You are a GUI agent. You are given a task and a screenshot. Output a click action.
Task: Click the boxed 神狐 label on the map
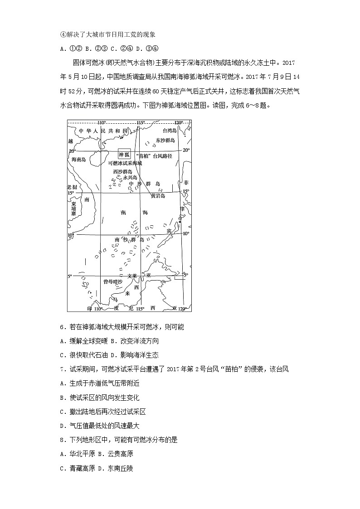pyautogui.click(x=124, y=154)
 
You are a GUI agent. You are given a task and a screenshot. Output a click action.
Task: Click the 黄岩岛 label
pyautogui.click(x=158, y=197)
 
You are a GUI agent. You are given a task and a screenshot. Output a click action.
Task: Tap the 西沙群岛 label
pyautogui.click(x=123, y=172)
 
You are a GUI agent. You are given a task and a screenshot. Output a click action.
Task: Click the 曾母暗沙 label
pyautogui.click(x=112, y=281)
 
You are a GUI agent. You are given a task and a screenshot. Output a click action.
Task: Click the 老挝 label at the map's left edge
pyautogui.click(x=72, y=187)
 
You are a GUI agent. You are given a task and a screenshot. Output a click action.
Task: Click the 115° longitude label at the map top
pyautogui.click(x=141, y=123)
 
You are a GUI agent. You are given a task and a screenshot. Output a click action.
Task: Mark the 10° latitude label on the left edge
pyautogui.click(x=71, y=235)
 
